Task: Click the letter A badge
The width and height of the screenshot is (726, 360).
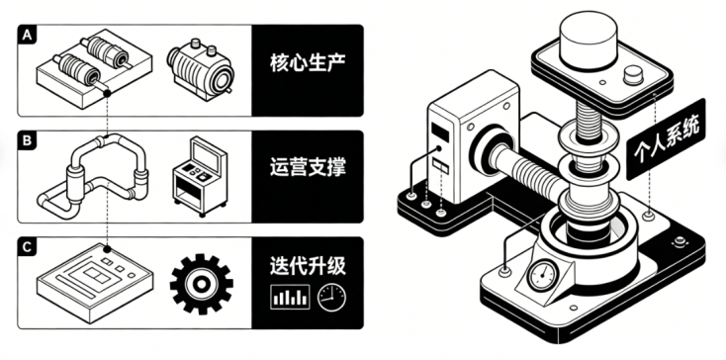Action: tap(27, 35)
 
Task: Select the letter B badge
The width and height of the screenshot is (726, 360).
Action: tap(27, 140)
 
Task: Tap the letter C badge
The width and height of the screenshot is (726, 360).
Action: tap(27, 247)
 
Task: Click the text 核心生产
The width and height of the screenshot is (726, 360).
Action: tap(308, 64)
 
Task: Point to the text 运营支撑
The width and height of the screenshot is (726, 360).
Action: tap(308, 168)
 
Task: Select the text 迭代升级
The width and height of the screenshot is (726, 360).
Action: tap(308, 266)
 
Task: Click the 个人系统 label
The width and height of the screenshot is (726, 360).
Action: tap(666, 138)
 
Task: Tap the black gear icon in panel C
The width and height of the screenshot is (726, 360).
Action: tap(202, 284)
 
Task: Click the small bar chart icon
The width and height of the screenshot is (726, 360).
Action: tap(290, 297)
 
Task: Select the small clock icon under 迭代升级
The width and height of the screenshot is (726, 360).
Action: tap(331, 298)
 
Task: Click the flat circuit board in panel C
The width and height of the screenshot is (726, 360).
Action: tap(94, 282)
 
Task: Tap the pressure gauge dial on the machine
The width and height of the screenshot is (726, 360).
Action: tap(542, 275)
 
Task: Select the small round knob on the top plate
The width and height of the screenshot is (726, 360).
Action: tap(633, 75)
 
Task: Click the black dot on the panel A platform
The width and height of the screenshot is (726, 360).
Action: tap(107, 94)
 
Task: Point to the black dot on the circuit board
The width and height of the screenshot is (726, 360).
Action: tap(107, 249)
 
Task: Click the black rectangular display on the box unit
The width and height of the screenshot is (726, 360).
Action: tap(440, 132)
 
